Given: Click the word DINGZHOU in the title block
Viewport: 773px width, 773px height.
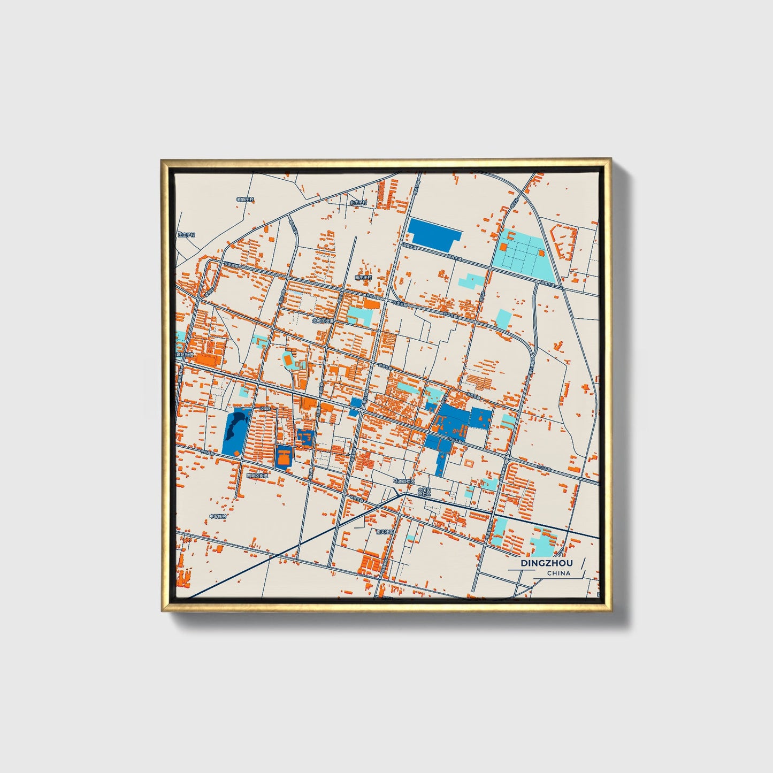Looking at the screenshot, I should tap(546, 563).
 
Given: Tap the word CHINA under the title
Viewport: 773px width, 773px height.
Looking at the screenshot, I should tap(558, 573).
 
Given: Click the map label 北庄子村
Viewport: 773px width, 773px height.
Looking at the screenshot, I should tap(358, 203).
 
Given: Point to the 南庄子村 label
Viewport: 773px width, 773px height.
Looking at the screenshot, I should tap(363, 278).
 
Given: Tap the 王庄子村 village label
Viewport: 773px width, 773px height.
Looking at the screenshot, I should tap(187, 235).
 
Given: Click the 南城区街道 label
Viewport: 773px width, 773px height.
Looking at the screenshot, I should tap(257, 475).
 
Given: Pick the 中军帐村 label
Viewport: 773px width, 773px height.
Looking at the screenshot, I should tap(218, 516).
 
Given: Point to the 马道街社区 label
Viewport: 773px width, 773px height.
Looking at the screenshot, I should tap(404, 481).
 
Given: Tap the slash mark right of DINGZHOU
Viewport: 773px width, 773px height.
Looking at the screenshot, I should tap(582, 563).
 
